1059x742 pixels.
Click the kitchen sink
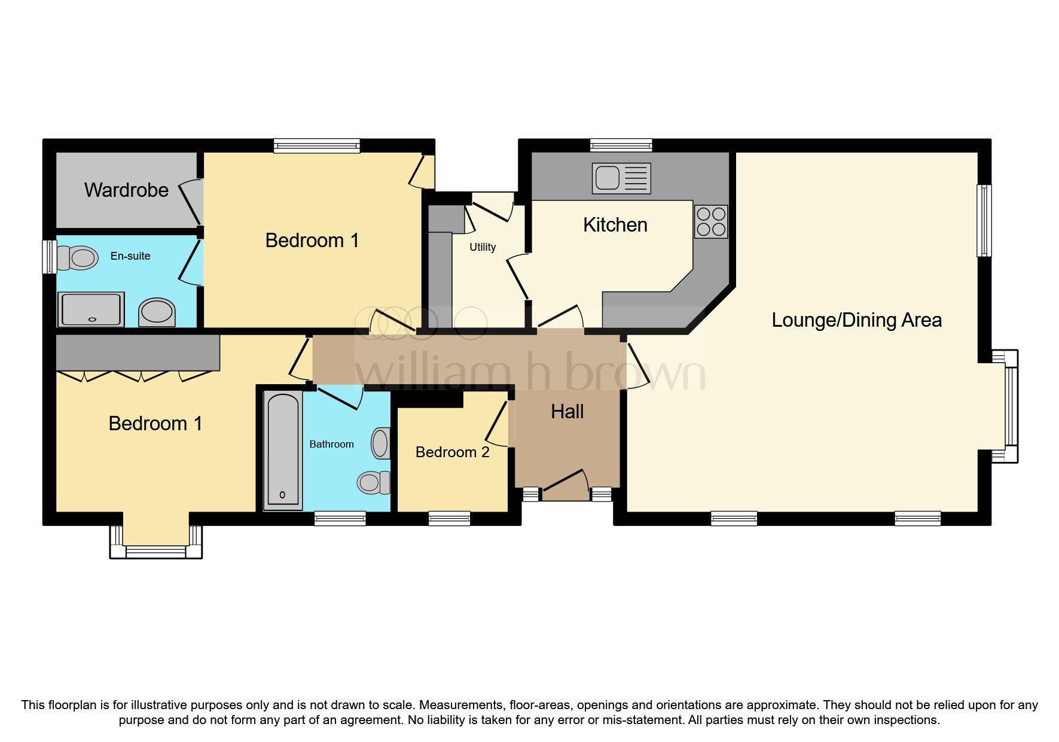[621, 178]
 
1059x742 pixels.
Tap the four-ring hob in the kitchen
[711, 221]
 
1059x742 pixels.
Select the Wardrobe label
[126, 190]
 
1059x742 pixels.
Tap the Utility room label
[483, 247]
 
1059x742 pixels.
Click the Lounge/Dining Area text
[856, 320]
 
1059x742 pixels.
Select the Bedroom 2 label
[452, 452]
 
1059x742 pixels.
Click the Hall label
[567, 412]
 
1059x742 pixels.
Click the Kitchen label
[615, 225]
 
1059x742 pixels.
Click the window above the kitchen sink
[621, 145]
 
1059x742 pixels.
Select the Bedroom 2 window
[449, 518]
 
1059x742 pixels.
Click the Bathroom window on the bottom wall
[340, 518]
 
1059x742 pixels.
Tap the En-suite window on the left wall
[49, 257]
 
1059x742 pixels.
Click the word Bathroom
[331, 444]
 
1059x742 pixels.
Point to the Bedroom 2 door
[497, 422]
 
